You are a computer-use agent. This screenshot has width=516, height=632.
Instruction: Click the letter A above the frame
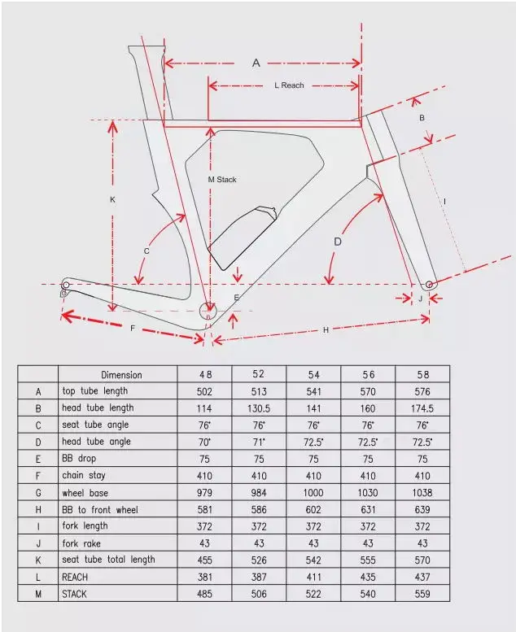point(256,63)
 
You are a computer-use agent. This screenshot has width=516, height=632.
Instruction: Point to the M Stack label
point(221,180)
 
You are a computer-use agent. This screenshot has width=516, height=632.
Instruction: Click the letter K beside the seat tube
point(112,199)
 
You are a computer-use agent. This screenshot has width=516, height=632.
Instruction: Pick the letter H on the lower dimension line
point(326,329)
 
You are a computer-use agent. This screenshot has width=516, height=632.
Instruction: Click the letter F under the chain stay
point(133,328)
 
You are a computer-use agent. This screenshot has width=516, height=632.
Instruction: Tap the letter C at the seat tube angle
point(146,251)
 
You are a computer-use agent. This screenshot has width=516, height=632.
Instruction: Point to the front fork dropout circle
point(430,285)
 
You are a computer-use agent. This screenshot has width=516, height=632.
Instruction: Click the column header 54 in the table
point(313,375)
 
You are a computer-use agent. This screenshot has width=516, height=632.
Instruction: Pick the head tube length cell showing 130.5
point(259,408)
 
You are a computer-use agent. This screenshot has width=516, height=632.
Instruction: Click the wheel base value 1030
point(368,493)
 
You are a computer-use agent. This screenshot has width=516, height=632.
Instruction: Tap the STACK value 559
point(422,595)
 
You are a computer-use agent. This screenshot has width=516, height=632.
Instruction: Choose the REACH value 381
point(204,578)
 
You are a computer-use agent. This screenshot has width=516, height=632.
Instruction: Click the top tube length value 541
point(313,391)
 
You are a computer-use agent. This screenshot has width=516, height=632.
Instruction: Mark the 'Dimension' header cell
point(121,375)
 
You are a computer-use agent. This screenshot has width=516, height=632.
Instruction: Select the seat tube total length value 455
point(204,560)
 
